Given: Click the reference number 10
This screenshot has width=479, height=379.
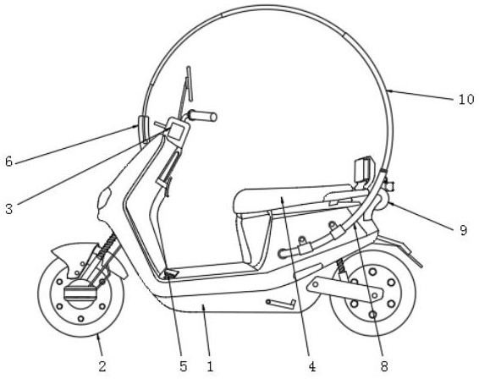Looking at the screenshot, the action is pos(466,100).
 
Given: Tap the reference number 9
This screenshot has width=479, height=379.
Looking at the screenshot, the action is pos(464,230).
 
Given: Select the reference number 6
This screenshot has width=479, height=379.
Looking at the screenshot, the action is pos(8,161).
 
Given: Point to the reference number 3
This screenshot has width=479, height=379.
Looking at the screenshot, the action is pos(8,209).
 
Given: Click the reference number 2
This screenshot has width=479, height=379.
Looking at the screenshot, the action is pos(102,365).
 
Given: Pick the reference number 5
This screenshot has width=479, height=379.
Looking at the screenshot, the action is pos(183,366).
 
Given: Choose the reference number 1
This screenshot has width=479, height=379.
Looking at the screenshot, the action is pos(210,366).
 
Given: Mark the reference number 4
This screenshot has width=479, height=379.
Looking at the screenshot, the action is pos(311,366).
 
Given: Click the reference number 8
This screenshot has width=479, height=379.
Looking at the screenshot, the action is pos(384,366).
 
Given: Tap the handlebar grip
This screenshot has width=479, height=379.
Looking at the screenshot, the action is pos(202,116).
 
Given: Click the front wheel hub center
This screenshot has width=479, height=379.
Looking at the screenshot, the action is pos(81,293).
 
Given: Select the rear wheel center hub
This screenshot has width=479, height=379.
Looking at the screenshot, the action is pos(372,294).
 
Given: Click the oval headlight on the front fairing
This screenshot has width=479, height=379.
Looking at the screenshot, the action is pos(104,199).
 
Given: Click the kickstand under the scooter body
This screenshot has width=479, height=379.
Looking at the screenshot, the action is pos(281,305).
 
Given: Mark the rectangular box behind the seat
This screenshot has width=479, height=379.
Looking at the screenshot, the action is pos(364,169).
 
